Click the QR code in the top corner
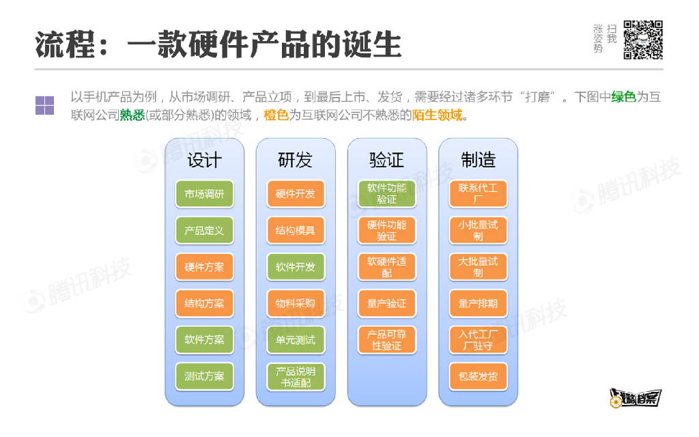643,40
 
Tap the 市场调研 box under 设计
204,194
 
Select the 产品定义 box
204,230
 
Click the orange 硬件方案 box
204,267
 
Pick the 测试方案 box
204,376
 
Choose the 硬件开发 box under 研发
296,194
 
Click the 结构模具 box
296,230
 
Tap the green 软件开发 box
296,267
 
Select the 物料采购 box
296,303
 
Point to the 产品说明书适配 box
296,377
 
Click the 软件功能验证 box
386,193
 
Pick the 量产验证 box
386,303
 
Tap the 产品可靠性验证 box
386,340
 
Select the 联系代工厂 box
478,193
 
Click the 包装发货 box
478,376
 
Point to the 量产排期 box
478,303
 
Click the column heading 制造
478,160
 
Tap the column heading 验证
386,160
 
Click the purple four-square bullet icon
44,106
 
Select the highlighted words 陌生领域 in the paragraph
437,115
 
